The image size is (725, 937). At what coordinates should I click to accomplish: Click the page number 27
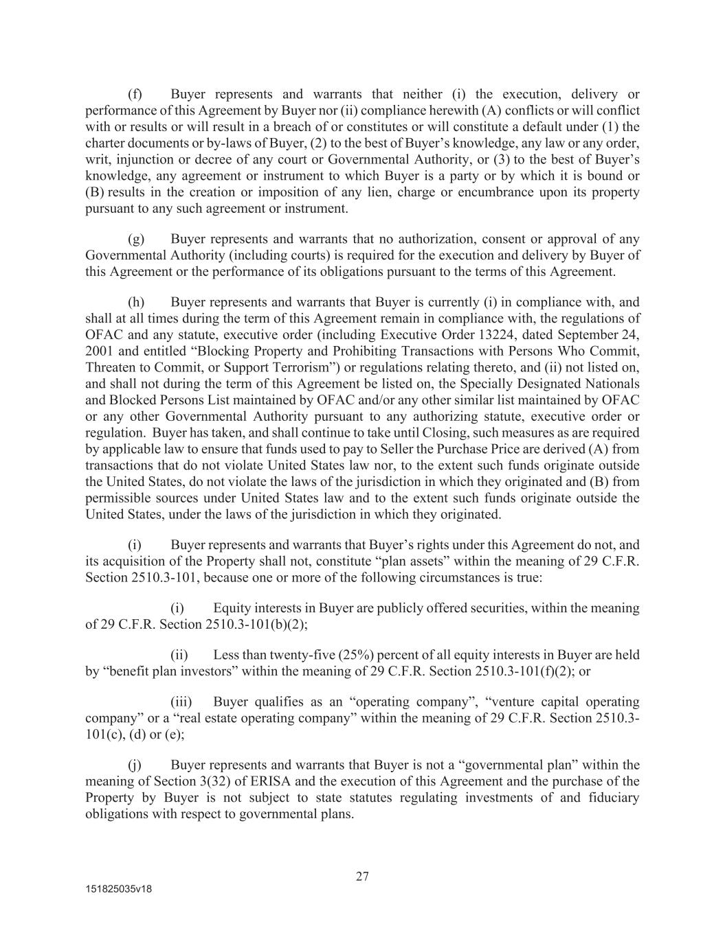coord(362,876)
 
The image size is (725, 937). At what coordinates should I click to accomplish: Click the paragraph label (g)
coord(136,239)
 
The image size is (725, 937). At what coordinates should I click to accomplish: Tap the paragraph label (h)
coord(136,302)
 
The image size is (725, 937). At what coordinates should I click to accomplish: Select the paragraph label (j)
coord(135,765)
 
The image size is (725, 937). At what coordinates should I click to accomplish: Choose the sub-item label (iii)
coord(182,702)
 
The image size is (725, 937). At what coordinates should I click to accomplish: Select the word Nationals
coord(612,384)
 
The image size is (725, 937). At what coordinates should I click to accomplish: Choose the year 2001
coord(99,351)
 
